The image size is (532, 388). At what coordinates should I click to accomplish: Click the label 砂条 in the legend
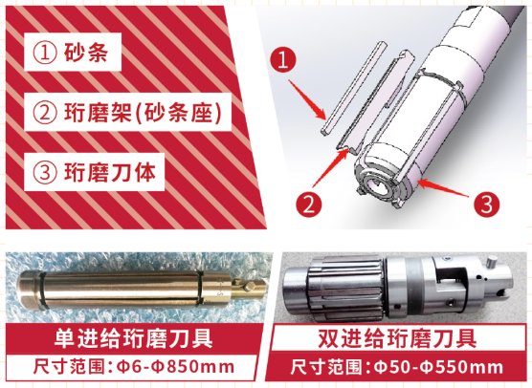[86, 53]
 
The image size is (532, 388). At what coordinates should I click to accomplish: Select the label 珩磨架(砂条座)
[143, 112]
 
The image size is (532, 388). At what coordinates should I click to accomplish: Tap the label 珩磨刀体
[110, 172]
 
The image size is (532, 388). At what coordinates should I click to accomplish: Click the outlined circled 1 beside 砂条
[44, 53]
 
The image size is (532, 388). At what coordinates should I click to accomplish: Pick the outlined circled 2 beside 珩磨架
[44, 112]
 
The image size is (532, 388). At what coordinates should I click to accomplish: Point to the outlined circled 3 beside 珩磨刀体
[44, 172]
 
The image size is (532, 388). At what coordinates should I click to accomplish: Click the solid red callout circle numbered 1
[283, 60]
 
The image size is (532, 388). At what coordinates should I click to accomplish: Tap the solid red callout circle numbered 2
[308, 205]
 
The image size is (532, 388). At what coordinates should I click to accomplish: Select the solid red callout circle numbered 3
[486, 205]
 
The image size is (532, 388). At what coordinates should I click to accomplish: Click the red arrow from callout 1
[307, 99]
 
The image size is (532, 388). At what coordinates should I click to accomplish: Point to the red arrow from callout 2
[330, 168]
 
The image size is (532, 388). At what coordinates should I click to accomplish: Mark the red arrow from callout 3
[443, 188]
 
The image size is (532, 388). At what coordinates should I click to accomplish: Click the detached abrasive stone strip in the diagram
[353, 88]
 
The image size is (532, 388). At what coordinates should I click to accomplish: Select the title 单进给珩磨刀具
[133, 338]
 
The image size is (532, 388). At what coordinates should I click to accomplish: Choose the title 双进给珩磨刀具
[397, 337]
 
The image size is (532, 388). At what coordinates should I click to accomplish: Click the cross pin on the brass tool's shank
[250, 287]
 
